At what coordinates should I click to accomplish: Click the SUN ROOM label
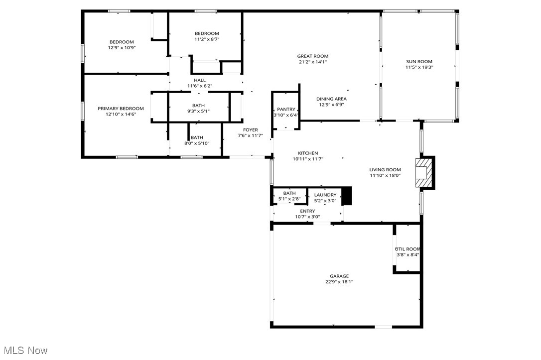(418, 61)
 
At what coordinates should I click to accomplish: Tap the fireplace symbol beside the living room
(422, 173)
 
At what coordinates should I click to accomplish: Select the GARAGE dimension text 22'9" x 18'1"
(339, 282)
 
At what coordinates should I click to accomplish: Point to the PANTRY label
(286, 110)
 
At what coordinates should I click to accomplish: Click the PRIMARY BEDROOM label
(121, 109)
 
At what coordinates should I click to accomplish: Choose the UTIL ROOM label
(407, 249)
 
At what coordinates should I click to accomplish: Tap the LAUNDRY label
(325, 195)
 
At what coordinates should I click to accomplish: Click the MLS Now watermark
(24, 351)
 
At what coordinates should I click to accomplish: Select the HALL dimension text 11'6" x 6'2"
(200, 86)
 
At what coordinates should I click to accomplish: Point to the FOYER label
(250, 130)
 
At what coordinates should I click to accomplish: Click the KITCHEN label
(308, 153)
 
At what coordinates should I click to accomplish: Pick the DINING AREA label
(331, 99)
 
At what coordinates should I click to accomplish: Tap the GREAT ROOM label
(313, 56)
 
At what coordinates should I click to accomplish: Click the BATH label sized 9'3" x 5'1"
(198, 106)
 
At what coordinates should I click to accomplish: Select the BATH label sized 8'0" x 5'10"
(197, 137)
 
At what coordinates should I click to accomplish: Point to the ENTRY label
(307, 211)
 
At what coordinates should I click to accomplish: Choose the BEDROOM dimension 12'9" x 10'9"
(122, 48)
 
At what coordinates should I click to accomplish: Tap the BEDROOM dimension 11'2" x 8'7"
(207, 39)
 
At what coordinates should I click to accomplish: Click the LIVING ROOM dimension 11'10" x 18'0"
(385, 175)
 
